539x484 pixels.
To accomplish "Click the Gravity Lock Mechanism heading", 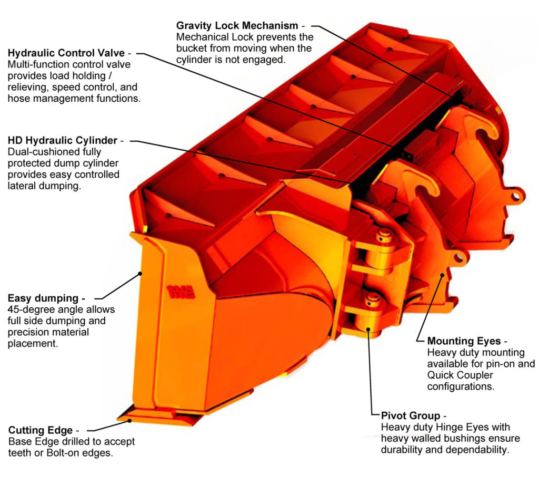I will point(237,25).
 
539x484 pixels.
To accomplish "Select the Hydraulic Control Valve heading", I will point(66,53).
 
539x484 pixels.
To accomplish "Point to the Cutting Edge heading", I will point(40,430).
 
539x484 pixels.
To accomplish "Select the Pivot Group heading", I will point(408,415).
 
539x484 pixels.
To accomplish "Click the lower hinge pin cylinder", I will point(371,316).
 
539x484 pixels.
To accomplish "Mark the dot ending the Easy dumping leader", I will point(141,273).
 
